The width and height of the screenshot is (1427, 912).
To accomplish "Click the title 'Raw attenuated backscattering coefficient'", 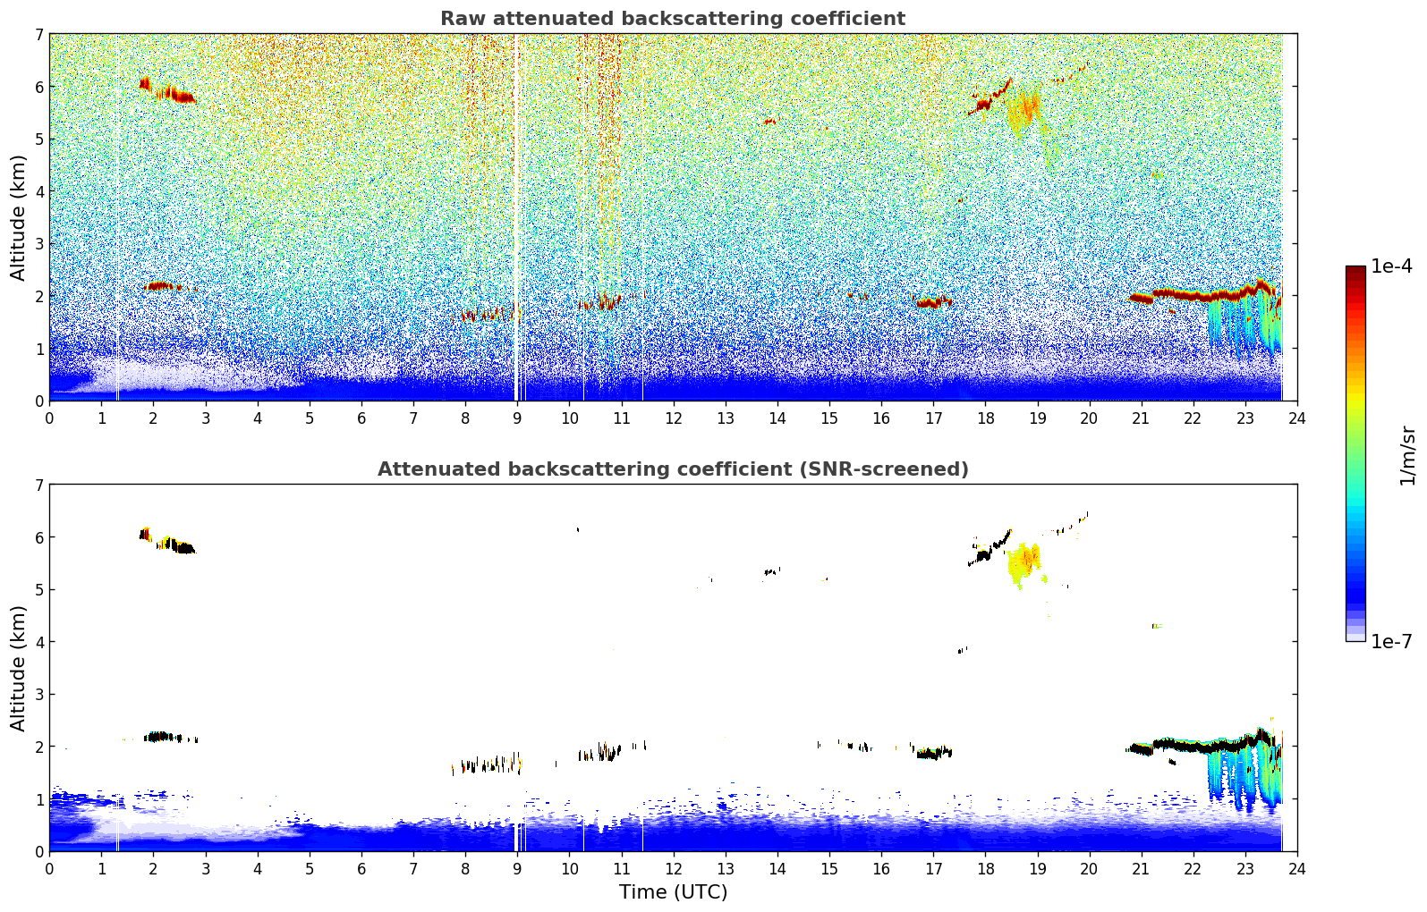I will (x=672, y=19).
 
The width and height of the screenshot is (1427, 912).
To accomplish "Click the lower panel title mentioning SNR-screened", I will (x=672, y=469).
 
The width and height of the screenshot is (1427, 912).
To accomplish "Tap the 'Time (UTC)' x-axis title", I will (x=673, y=892).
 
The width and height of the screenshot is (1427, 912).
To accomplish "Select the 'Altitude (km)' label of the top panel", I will (x=19, y=217).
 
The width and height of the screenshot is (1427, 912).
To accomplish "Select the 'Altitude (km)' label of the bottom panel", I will (x=19, y=668).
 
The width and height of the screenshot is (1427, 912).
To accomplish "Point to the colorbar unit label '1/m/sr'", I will (x=1407, y=455).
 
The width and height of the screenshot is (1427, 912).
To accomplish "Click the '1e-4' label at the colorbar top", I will (x=1391, y=266).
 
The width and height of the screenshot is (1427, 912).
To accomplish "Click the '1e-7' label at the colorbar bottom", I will (x=1391, y=642).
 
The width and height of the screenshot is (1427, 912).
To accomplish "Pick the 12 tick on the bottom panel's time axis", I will (x=673, y=869).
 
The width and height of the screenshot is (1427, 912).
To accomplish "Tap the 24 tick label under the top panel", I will (x=1296, y=418).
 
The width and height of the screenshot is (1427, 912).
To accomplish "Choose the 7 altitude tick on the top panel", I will (x=38, y=35).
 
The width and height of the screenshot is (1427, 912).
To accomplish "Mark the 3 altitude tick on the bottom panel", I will (x=38, y=695).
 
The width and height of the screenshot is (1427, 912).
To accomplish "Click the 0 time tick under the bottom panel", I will (x=49, y=869).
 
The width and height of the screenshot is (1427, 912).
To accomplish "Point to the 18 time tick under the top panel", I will (x=985, y=418).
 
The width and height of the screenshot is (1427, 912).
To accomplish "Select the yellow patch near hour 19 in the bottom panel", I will (x=1024, y=562).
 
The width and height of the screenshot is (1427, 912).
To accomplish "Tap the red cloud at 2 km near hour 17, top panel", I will (x=933, y=302).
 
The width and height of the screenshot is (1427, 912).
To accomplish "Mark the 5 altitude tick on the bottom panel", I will (x=38, y=590).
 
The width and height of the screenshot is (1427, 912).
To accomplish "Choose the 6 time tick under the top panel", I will (x=361, y=418).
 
